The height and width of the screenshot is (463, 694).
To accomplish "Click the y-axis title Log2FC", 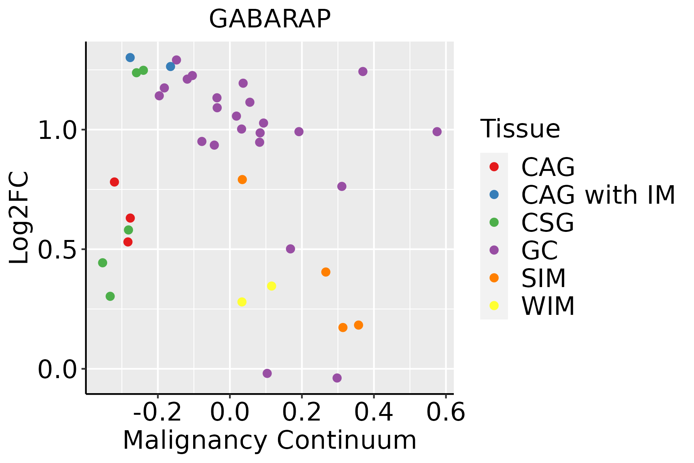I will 19,218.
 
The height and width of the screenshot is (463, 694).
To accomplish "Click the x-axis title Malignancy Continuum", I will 270,440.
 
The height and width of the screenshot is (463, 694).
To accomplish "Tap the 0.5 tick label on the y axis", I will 56,250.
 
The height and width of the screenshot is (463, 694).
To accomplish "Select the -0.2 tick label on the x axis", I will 157,412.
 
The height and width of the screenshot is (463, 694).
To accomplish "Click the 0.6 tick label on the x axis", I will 446,412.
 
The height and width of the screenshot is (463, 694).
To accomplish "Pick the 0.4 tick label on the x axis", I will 374,412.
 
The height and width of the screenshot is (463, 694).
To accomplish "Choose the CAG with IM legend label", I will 598,195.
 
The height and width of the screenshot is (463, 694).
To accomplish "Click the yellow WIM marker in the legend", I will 494,306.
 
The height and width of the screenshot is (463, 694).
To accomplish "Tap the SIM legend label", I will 544,278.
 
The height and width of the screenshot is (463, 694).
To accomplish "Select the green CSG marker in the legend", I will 494,222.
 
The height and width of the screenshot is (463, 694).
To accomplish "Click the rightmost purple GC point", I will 437,132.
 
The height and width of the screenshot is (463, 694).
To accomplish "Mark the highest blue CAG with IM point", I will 130,57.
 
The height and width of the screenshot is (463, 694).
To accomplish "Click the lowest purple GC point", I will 337,378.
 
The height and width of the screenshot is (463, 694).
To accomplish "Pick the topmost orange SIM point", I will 242,179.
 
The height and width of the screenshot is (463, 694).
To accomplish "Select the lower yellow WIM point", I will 242,302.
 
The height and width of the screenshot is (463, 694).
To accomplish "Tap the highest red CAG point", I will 114,182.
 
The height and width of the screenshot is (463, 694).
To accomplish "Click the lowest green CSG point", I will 110,296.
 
